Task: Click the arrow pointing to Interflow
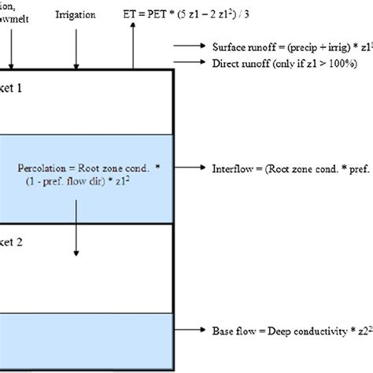click(x=191, y=168)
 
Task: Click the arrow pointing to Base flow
click(x=191, y=331)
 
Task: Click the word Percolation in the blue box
click(x=44, y=168)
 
